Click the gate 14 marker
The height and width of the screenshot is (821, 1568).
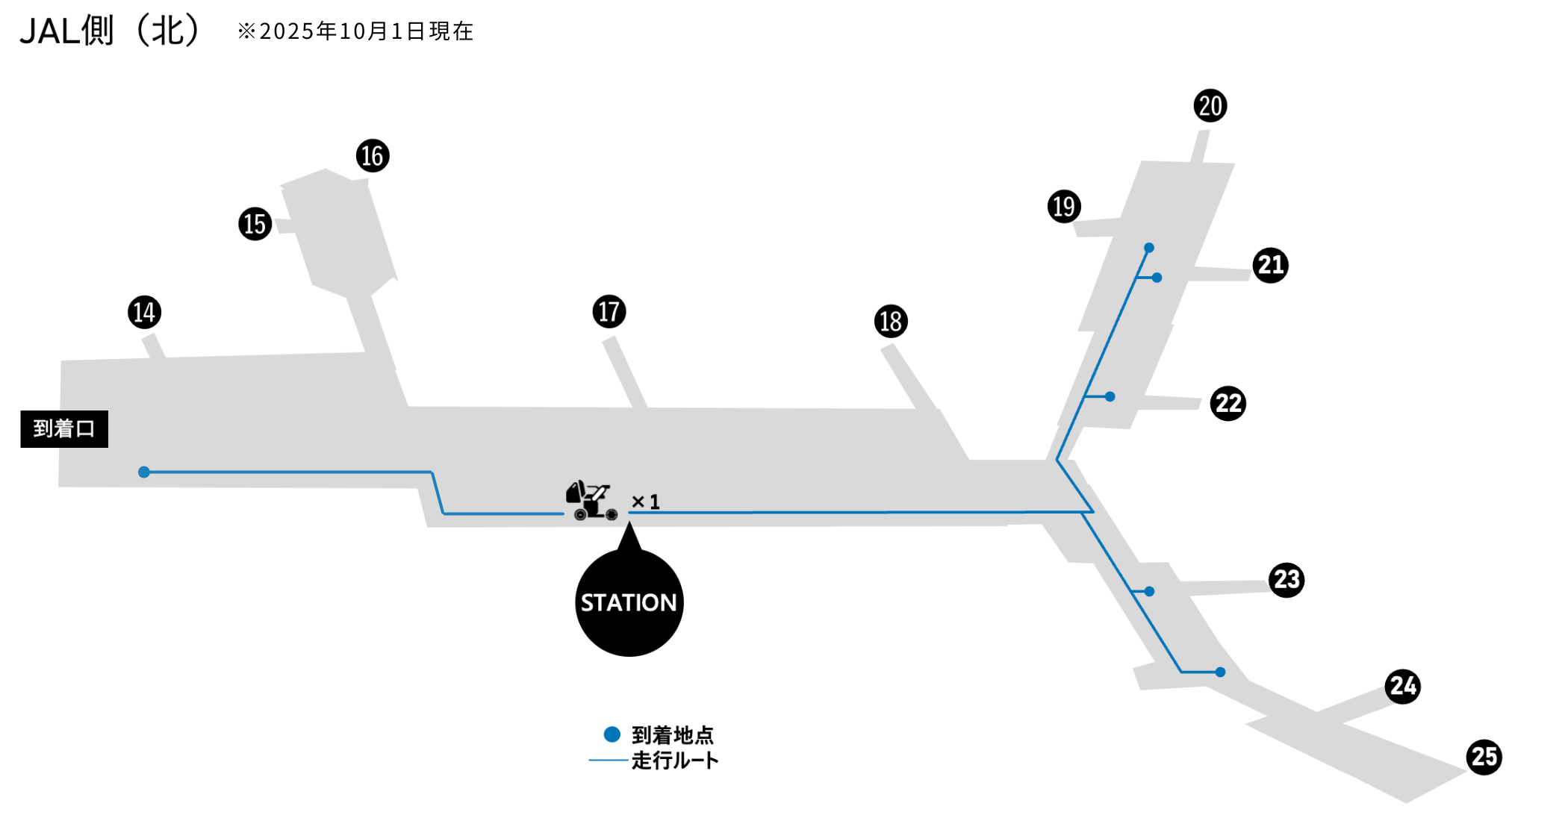click(144, 312)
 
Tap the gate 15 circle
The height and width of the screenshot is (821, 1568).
click(255, 224)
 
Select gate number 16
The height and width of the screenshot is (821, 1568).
click(373, 156)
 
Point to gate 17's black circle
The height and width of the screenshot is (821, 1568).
click(609, 311)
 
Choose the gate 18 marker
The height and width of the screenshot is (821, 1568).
click(891, 322)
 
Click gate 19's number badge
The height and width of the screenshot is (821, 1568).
click(1064, 207)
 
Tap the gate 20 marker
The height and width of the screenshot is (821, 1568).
click(1210, 106)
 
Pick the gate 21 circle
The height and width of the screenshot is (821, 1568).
click(1270, 266)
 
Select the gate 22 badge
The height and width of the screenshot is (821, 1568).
click(1228, 404)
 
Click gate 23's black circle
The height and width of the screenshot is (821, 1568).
click(1287, 580)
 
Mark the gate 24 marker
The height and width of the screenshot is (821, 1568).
click(1403, 686)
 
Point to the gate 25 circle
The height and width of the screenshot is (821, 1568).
click(1484, 758)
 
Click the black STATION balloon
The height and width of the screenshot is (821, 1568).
click(629, 602)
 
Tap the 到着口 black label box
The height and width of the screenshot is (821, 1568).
click(64, 429)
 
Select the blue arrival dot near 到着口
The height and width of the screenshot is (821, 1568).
click(144, 472)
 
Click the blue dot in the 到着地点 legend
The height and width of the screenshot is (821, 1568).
click(612, 734)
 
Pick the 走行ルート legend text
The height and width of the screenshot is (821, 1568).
click(674, 761)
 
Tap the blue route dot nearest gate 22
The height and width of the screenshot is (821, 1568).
click(1110, 397)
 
